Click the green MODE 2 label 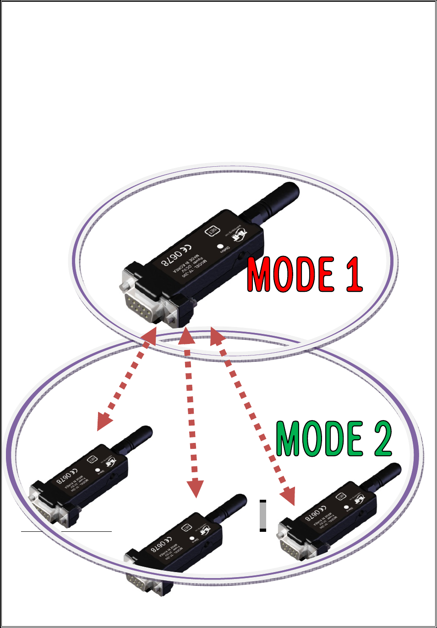[334, 438]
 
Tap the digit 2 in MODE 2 [383, 438]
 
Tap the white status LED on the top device [220, 246]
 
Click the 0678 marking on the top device [171, 258]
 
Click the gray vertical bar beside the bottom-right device [263, 515]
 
